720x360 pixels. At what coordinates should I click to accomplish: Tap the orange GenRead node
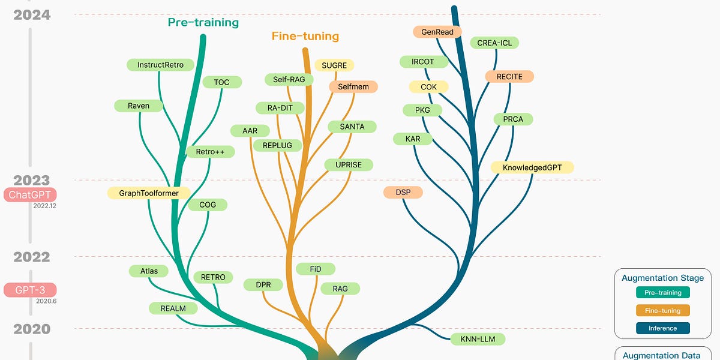point(437,32)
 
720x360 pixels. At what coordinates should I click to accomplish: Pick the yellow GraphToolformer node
point(149,193)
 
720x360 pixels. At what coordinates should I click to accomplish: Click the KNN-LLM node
point(478,339)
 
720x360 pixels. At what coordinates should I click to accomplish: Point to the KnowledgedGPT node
point(532,167)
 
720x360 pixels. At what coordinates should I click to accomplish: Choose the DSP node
point(403,193)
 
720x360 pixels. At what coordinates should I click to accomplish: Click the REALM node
point(173,308)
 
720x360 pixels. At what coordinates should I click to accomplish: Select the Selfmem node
point(353,87)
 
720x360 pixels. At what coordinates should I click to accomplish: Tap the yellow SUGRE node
point(334,65)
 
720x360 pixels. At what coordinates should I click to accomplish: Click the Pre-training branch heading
point(203,23)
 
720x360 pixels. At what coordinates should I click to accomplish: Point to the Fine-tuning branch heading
point(305,36)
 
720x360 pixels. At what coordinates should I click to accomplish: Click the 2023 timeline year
point(31,180)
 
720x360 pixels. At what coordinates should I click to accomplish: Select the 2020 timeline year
point(31,329)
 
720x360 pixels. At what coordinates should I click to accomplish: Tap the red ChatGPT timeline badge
point(30,195)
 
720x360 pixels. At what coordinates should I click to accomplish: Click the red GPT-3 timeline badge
point(30,290)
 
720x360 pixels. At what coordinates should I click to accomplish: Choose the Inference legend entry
point(662,328)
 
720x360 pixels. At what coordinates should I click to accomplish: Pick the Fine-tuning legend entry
point(662,311)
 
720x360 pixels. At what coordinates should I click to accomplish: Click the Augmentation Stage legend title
point(662,278)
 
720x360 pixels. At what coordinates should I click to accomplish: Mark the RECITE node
point(509,77)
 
